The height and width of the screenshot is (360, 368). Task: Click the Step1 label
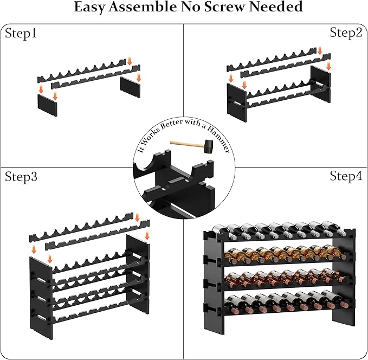coord(21,34)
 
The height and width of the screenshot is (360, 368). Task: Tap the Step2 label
coord(346,33)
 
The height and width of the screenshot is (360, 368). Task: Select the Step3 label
coord(21,177)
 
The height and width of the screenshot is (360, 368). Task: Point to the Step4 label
coord(346,176)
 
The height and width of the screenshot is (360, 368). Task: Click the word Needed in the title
coord(276,8)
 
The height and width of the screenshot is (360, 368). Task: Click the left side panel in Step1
coord(48,102)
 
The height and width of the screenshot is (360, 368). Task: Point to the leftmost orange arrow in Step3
coord(34,249)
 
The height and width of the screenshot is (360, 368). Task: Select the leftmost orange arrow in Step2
coord(231,78)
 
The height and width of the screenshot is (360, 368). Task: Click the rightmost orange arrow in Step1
coord(139,77)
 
